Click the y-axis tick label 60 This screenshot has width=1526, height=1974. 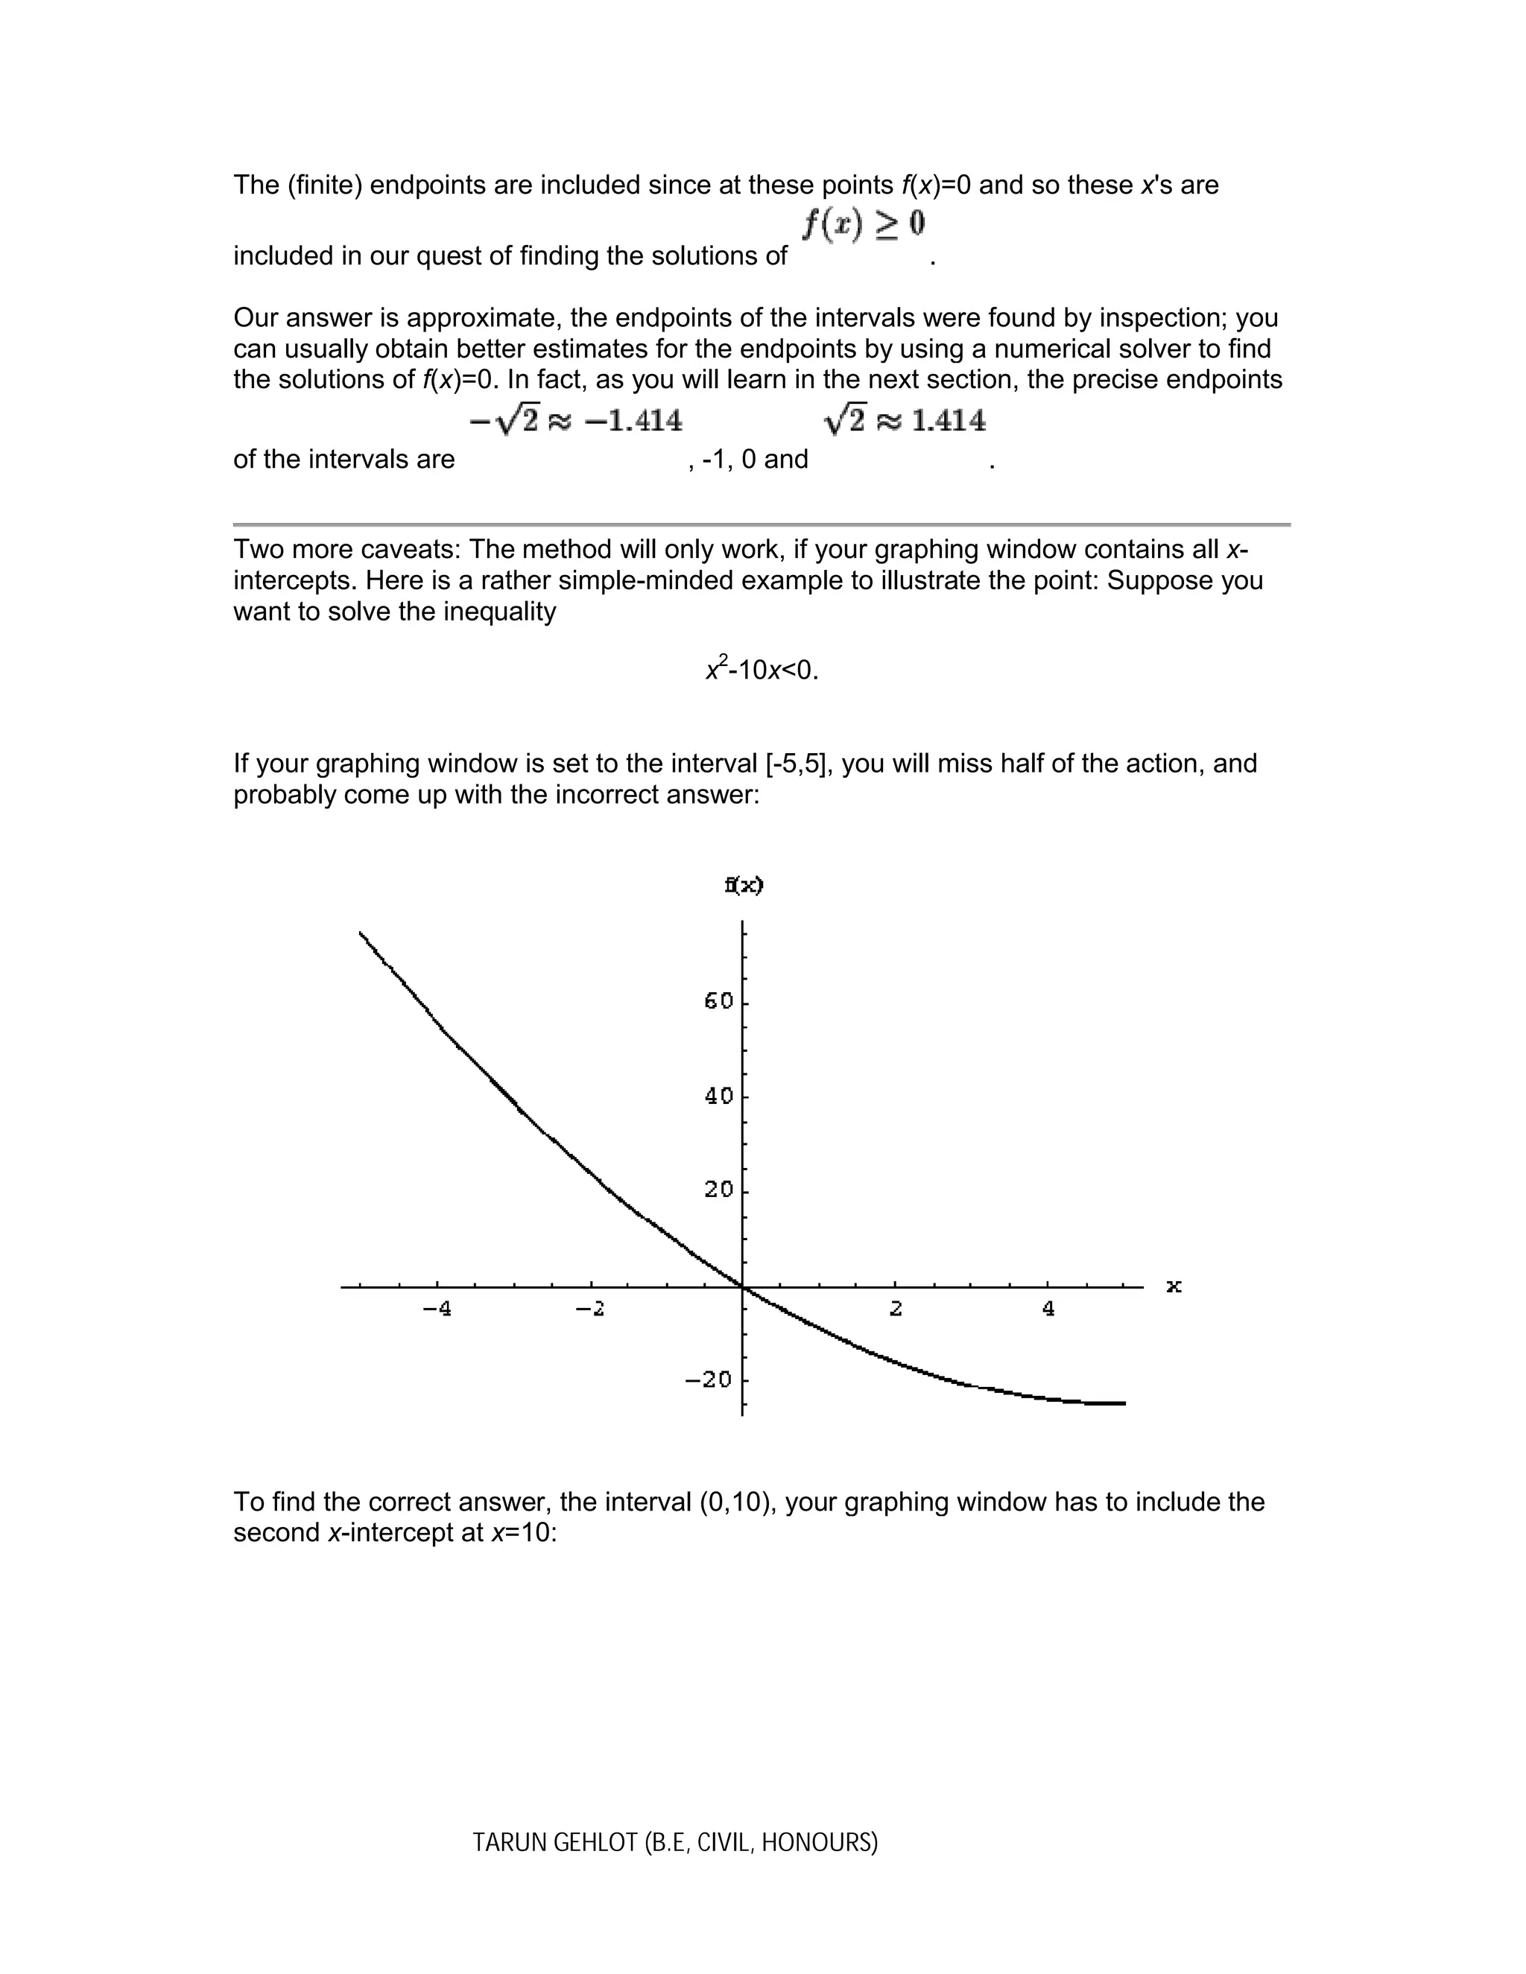[x=719, y=1000]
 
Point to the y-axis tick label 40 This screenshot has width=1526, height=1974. [x=719, y=1096]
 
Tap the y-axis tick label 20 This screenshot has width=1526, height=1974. [x=719, y=1190]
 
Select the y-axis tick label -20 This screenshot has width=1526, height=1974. [x=709, y=1380]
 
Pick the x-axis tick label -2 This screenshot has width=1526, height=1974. [x=590, y=1308]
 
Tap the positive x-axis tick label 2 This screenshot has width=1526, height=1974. [x=896, y=1308]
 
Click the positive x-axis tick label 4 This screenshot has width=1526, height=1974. [x=1048, y=1308]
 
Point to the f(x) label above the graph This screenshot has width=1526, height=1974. [x=744, y=885]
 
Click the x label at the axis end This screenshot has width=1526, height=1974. [x=1174, y=1285]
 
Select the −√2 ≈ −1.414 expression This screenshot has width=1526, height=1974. [x=576, y=420]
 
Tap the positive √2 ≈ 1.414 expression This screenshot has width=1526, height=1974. [x=904, y=420]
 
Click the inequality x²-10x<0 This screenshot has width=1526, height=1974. [x=762, y=670]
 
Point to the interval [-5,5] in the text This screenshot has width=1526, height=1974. [x=797, y=764]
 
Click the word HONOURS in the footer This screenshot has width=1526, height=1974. [x=819, y=1842]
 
